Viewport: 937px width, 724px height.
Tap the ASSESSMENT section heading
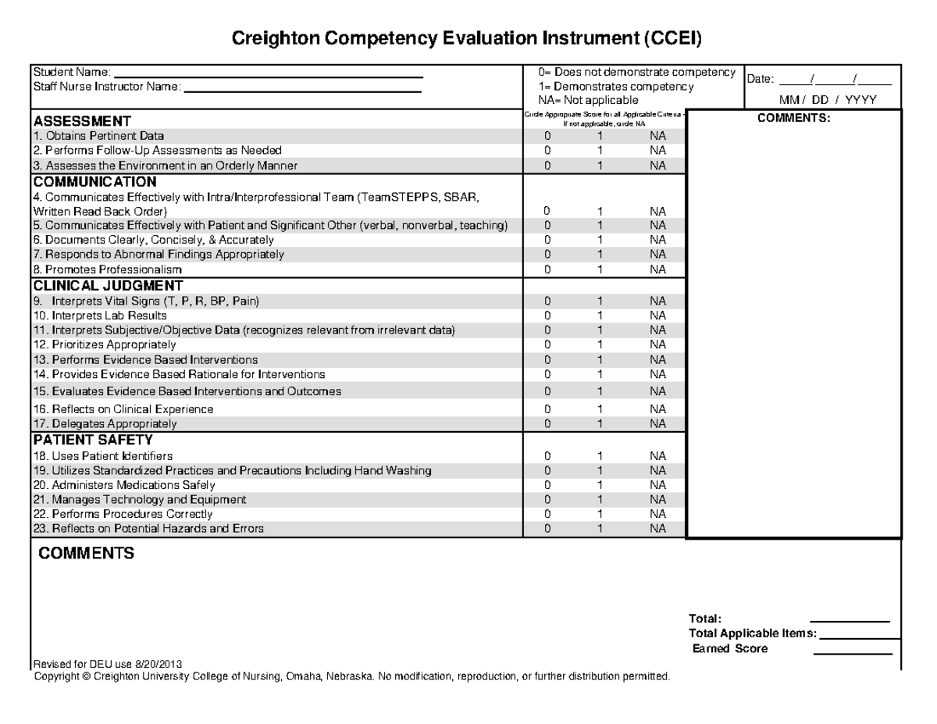[81, 121]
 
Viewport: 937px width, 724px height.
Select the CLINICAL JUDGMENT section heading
[108, 285]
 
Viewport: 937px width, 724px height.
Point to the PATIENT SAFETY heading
[93, 440]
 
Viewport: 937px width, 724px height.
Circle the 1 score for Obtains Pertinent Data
[600, 136]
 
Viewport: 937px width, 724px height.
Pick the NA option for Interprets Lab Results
[657, 316]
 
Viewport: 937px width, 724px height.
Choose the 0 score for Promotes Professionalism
[547, 269]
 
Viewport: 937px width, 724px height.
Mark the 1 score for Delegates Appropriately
[600, 424]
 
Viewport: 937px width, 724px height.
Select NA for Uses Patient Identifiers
[657, 456]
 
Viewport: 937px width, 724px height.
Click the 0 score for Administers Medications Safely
[547, 485]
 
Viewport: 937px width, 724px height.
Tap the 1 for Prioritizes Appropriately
[600, 344]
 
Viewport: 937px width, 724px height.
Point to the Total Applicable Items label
[753, 633]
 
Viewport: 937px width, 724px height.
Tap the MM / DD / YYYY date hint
[828, 100]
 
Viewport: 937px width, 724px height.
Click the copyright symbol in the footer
[87, 676]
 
